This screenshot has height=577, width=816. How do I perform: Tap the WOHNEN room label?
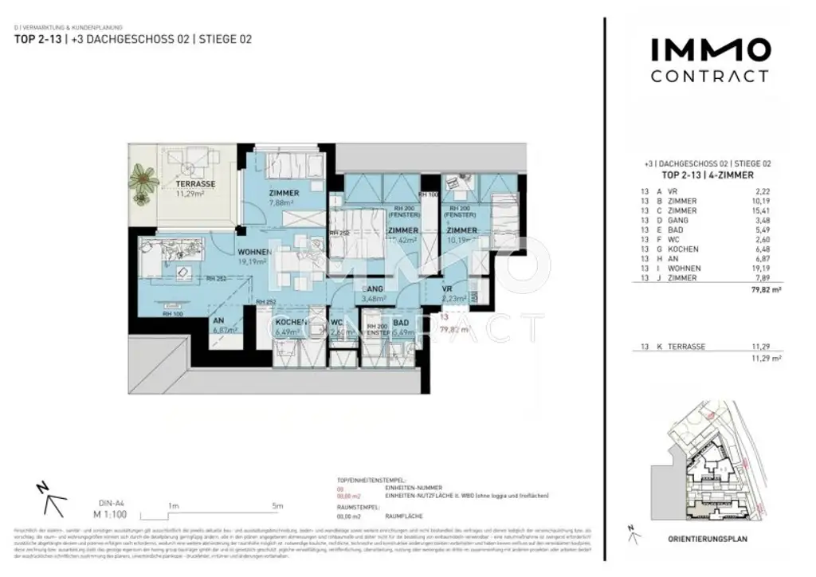coord(254,253)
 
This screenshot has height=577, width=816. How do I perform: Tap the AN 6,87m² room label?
coord(218,322)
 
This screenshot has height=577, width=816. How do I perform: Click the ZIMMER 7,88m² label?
coord(284,194)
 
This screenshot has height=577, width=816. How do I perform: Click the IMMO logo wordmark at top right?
coord(710,49)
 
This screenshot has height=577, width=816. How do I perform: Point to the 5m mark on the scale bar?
coord(277,505)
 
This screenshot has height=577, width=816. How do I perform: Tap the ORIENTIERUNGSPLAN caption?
coord(708,539)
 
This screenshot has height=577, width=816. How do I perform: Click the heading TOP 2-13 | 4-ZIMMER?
coord(708,175)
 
